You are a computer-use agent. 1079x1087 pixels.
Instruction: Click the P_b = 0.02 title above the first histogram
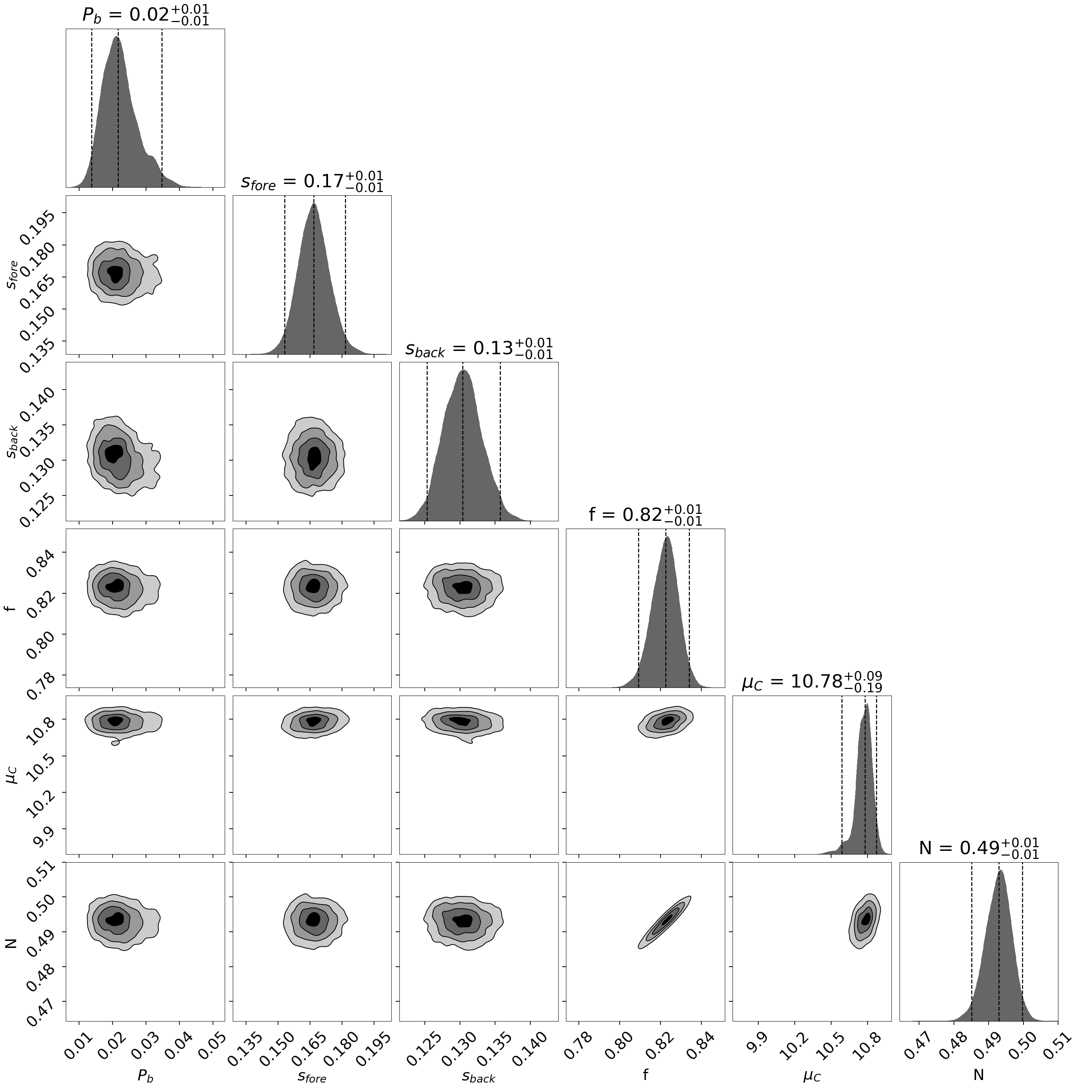coord(145,15)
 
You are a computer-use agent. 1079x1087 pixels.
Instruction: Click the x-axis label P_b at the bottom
coord(145,1076)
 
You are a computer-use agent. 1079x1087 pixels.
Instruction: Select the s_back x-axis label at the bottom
coord(479,1076)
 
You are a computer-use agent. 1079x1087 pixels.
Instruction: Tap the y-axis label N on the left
coord(10,942)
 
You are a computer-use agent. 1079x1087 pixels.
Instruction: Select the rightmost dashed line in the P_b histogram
coord(162,107)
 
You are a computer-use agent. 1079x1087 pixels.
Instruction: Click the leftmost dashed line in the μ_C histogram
coord(841,777)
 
